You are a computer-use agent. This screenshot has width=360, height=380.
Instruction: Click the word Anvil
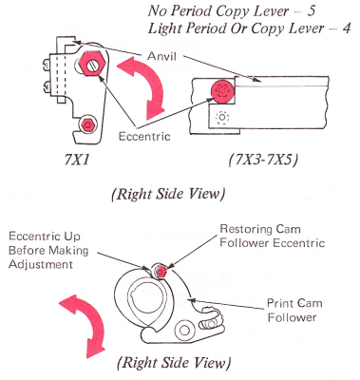(x=161, y=56)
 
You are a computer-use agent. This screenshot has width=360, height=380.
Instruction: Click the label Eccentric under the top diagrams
(x=144, y=137)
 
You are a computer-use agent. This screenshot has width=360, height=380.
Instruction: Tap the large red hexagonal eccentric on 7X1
(x=92, y=63)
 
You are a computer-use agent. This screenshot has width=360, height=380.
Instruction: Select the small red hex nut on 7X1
(x=86, y=124)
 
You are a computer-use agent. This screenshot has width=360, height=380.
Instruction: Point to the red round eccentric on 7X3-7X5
(x=222, y=90)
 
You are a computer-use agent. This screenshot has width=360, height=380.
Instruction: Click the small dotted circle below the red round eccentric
(x=222, y=118)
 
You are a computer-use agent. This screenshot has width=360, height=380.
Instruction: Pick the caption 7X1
(x=77, y=161)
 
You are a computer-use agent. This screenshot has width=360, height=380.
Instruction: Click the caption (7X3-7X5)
(x=263, y=161)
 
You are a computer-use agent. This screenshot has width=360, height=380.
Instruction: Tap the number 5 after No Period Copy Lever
(x=312, y=11)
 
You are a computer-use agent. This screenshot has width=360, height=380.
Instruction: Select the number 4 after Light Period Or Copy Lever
(x=347, y=28)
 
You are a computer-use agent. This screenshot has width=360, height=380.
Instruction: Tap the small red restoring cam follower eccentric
(x=161, y=272)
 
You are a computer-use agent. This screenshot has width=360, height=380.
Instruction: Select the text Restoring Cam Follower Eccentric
(x=273, y=236)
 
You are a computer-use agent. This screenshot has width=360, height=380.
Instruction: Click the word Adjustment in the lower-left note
(x=41, y=264)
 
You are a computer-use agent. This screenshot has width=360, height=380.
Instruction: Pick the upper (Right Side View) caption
(x=168, y=194)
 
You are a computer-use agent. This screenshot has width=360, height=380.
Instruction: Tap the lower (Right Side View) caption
(x=174, y=362)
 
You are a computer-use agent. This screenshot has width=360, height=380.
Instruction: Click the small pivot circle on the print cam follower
(x=184, y=330)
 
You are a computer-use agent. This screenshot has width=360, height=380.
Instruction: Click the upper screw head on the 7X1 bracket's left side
(x=46, y=66)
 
